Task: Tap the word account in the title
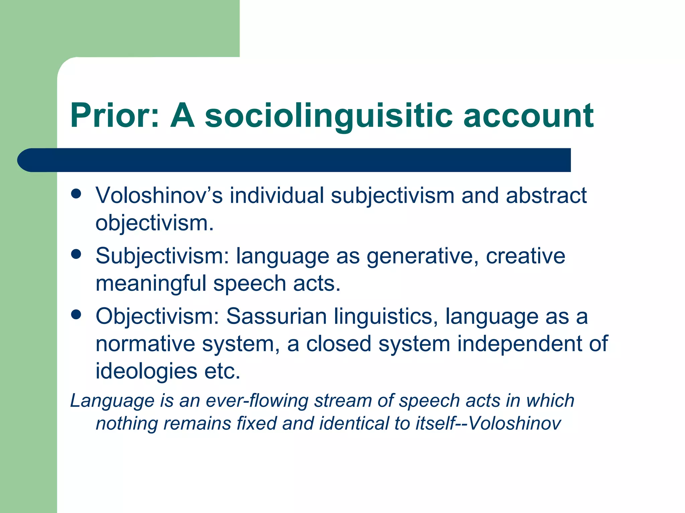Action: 528,115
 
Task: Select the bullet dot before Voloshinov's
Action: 76,194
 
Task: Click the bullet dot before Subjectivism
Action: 76,254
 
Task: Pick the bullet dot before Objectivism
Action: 76,315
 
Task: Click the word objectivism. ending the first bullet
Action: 155,223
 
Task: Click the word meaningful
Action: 151,284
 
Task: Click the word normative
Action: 145,344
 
